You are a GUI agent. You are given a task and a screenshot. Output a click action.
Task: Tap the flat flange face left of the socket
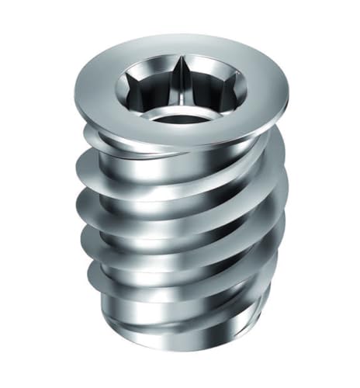pyautogui.click(x=101, y=97)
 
